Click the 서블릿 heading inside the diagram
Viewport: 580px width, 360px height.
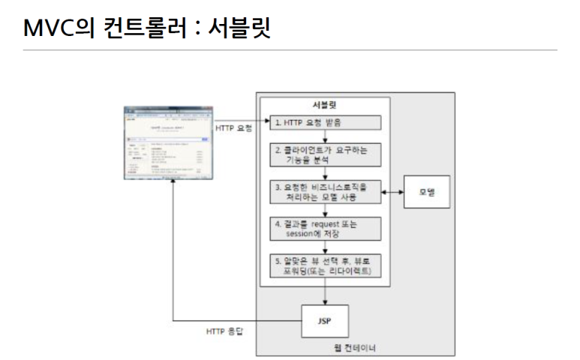326,103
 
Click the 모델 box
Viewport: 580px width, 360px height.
427,193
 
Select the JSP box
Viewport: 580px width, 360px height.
324,321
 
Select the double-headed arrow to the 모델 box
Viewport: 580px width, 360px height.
392,193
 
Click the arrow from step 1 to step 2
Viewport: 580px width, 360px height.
325,136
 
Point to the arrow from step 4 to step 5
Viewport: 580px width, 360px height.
325,247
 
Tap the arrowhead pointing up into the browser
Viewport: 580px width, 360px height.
173,184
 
